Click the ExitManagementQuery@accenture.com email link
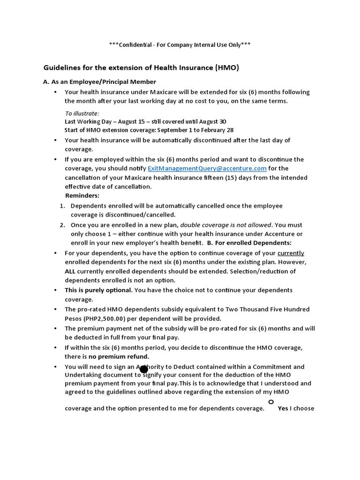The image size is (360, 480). tap(207, 168)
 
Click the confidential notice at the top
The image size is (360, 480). tap(180, 45)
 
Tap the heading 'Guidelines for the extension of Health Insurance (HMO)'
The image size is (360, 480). tap(141, 68)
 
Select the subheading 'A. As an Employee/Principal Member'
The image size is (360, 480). tap(99, 82)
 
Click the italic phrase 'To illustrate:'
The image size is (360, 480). tap(82, 113)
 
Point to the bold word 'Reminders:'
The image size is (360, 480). tap(82, 195)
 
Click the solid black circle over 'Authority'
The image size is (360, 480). tap(144, 369)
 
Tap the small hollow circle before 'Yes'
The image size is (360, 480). tap(270, 402)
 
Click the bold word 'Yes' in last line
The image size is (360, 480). tap(283, 408)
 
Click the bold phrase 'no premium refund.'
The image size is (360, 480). tap(123, 357)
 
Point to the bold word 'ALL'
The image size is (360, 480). tap(70, 271)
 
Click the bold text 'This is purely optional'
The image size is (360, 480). tap(98, 290)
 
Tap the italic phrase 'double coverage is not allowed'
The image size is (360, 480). tap(226, 225)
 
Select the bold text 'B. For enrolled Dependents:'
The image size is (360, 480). tap(249, 243)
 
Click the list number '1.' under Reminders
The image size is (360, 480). tap(62, 206)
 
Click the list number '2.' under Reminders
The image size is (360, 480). tap(62, 225)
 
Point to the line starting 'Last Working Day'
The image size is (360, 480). tap(145, 121)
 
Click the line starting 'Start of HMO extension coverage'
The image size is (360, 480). tap(149, 130)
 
